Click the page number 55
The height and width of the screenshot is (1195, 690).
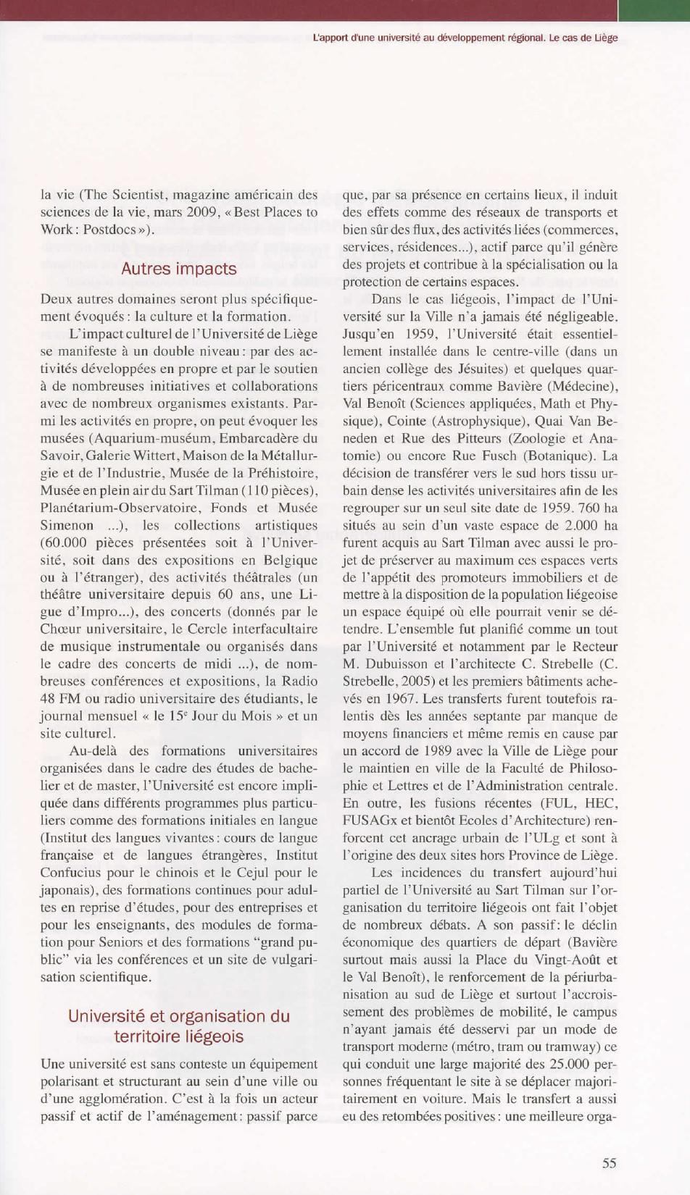pos(609,1163)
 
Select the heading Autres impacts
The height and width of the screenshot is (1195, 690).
pos(178,269)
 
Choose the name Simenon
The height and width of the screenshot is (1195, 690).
pos(67,525)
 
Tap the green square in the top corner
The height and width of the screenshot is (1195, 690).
pos(654,10)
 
